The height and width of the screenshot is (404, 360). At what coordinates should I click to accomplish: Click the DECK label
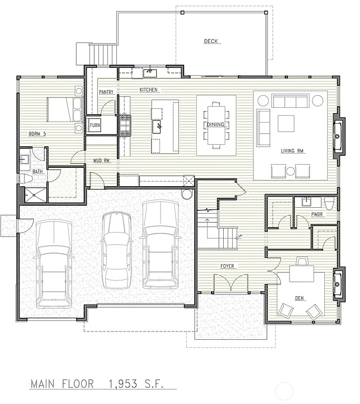pyautogui.click(x=212, y=41)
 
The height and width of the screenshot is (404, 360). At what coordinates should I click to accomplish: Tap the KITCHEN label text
pyautogui.click(x=149, y=90)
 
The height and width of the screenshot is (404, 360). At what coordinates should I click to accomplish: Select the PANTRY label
pyautogui.click(x=106, y=92)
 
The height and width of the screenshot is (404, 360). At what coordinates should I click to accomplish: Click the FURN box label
pyautogui.click(x=95, y=125)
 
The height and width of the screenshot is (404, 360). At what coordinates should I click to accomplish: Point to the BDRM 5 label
pyautogui.click(x=37, y=134)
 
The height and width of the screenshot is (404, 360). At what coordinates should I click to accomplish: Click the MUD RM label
pyautogui.click(x=101, y=160)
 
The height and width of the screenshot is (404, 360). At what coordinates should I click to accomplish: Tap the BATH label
pyautogui.click(x=37, y=171)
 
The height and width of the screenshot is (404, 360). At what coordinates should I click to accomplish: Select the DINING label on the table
pyautogui.click(x=216, y=125)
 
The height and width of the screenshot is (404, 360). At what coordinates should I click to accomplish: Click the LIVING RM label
pyautogui.click(x=292, y=151)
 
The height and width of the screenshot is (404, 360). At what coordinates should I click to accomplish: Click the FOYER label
pyautogui.click(x=227, y=266)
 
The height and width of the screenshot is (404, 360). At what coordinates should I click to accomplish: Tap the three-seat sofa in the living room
pyautogui.click(x=291, y=100)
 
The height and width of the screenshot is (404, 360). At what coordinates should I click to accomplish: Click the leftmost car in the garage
pyautogui.click(x=54, y=263)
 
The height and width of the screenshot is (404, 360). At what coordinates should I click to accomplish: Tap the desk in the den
pyautogui.click(x=301, y=275)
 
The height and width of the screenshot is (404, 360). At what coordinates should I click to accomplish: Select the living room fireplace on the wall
pyautogui.click(x=338, y=136)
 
